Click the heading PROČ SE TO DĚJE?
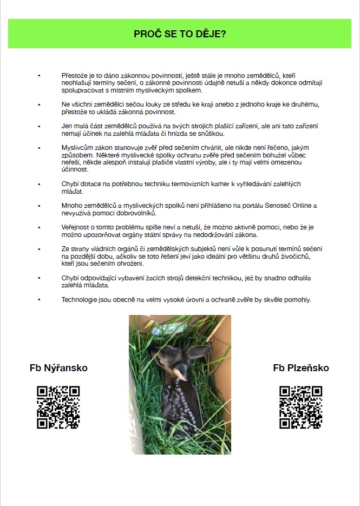(180, 34)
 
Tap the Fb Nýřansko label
(58, 368)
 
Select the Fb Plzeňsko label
(301, 368)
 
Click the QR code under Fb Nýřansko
(58, 407)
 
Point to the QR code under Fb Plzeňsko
(301, 407)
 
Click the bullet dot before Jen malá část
(39, 126)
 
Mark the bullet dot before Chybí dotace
(39, 185)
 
